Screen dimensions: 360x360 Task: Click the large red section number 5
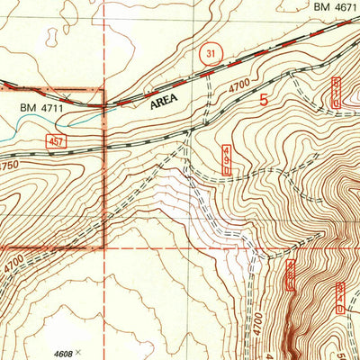click(264, 101)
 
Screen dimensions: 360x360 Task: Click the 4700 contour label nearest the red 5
click(238, 85)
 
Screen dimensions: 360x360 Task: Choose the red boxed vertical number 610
click(335, 92)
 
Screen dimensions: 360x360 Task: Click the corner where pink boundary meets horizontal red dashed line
click(104, 247)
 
